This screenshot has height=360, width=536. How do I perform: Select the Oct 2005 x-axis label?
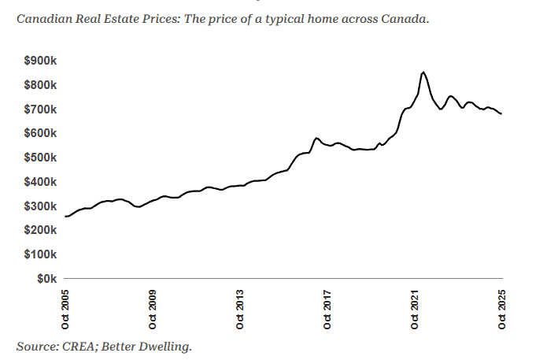pos(66,309)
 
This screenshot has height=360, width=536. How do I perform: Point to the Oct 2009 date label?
pos(153,309)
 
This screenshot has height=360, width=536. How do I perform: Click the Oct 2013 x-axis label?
pos(241,309)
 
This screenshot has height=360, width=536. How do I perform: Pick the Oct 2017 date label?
pos(327,309)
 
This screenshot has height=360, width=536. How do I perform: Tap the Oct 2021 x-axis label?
pos(415,309)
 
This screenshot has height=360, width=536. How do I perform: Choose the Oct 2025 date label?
pos(502,309)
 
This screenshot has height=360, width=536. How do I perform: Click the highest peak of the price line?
pos(423,72)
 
